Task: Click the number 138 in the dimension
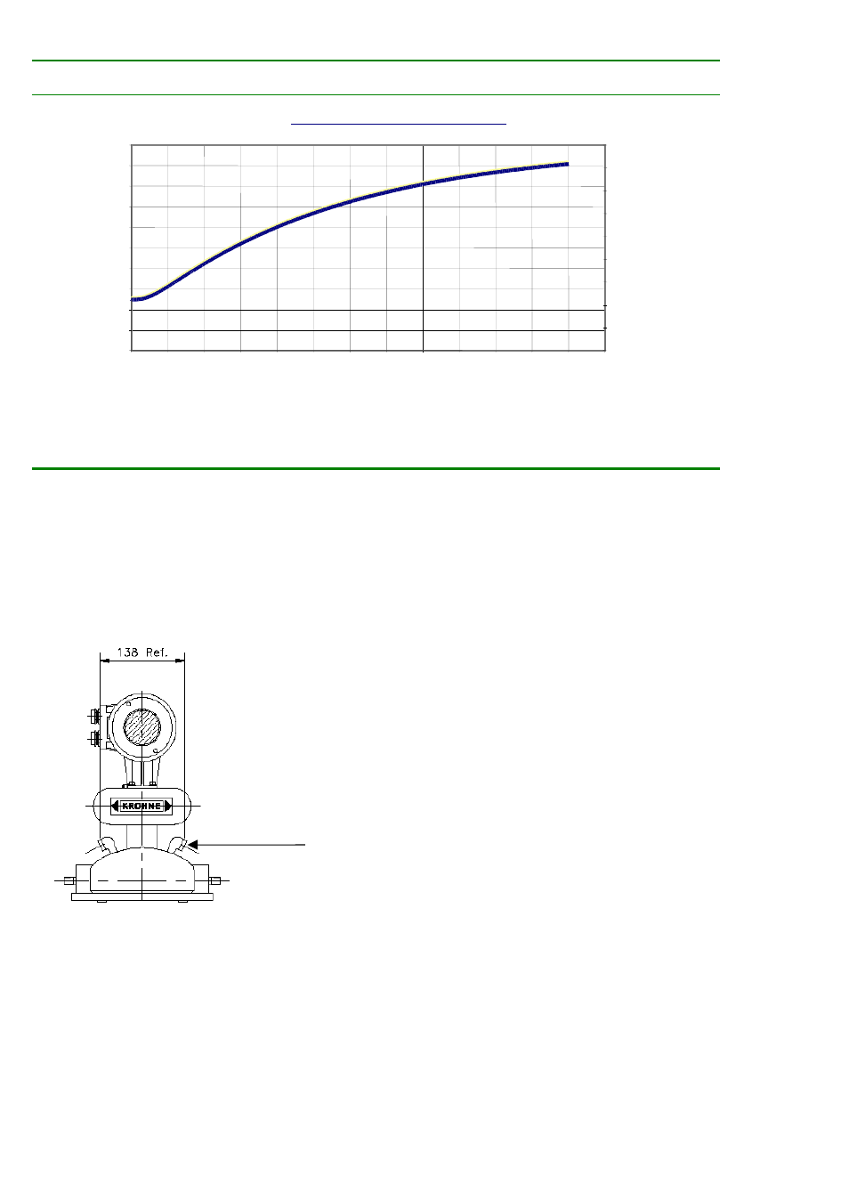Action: (x=127, y=652)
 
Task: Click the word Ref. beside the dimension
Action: (x=156, y=652)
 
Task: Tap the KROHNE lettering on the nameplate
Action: (x=141, y=806)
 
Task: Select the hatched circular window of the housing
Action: (x=142, y=727)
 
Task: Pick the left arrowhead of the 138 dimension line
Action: (x=105, y=661)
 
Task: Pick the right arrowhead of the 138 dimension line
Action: (x=180, y=661)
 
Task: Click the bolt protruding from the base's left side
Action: (x=69, y=880)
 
